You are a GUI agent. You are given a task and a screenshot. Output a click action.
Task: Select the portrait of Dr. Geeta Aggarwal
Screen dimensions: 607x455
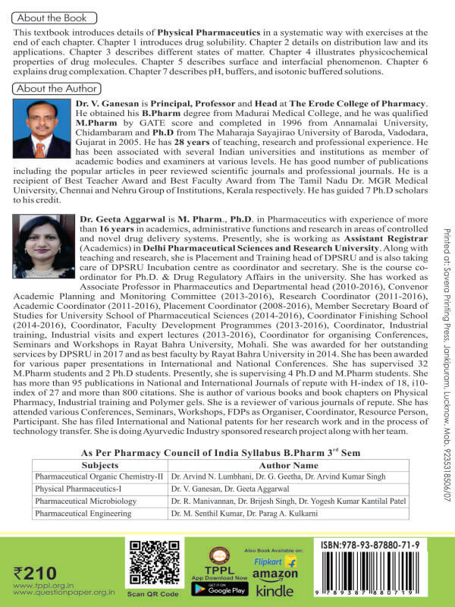click(42, 246)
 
